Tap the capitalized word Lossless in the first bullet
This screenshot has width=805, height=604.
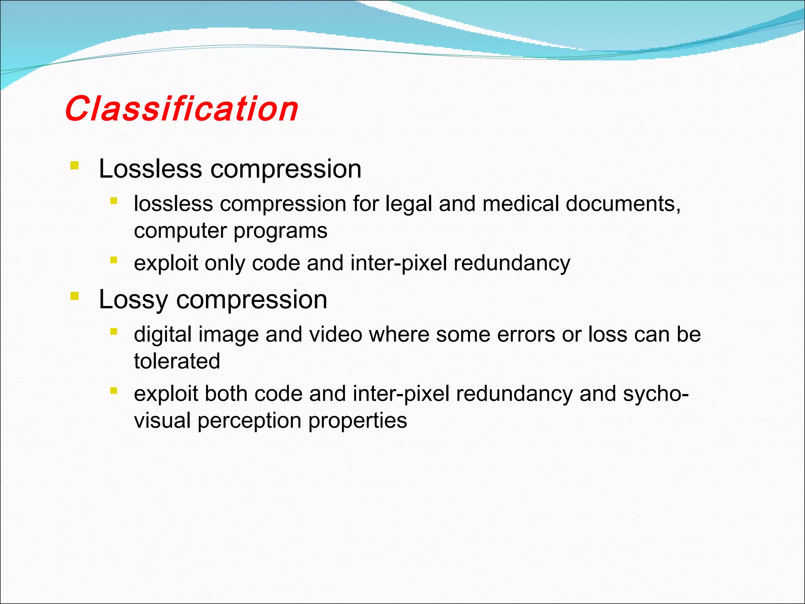point(150,169)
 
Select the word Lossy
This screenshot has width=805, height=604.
point(133,300)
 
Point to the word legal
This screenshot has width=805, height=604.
point(408,204)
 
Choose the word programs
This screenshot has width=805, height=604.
point(280,231)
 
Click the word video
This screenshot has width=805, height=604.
point(336,334)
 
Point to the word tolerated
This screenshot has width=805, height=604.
point(177,361)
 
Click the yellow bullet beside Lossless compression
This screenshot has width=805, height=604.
point(74,165)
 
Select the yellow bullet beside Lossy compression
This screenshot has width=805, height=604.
point(74,296)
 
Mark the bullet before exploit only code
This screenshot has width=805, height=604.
point(114,260)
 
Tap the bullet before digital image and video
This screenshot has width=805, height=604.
point(114,331)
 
